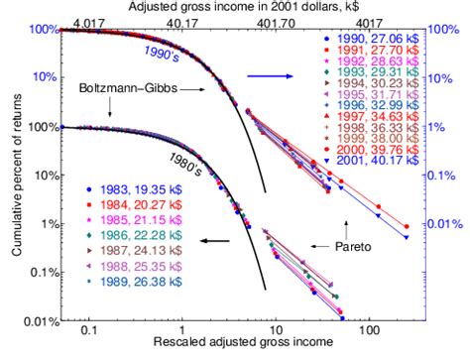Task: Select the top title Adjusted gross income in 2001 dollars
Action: [x=234, y=6]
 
